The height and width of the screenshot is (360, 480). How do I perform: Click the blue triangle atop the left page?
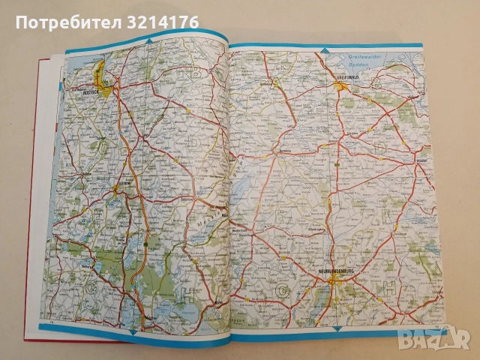[x=148, y=40]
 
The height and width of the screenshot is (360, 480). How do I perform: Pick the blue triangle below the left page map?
[x=132, y=331]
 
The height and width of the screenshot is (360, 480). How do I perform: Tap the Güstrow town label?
[x=124, y=182]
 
